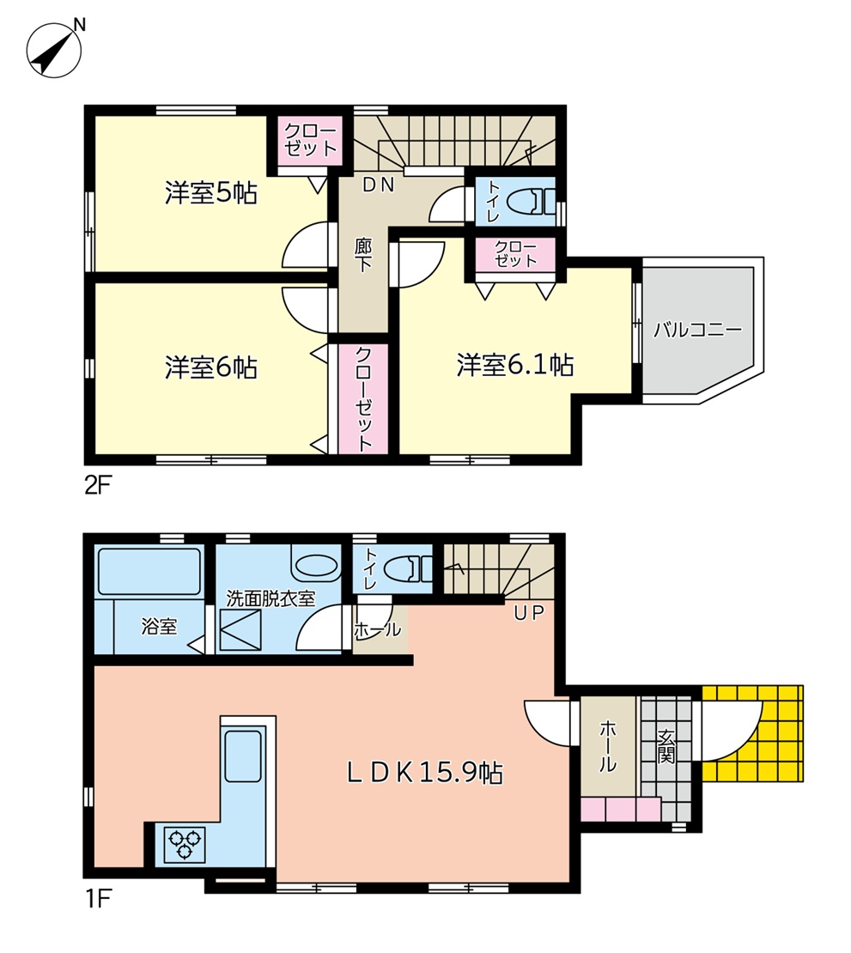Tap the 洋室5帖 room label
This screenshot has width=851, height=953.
211,192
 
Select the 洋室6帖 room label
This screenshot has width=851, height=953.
211,367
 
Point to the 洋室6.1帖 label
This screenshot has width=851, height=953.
515,365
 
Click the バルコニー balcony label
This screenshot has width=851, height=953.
698,330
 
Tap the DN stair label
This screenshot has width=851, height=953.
379,185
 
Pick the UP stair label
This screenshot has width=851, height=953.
528,613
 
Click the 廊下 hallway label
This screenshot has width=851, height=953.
363,254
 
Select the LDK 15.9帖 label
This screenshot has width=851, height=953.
425,773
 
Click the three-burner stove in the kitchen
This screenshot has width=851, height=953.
185,845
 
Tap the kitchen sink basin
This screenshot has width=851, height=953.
243,756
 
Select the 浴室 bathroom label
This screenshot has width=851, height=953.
159,626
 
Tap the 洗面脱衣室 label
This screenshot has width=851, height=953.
270,598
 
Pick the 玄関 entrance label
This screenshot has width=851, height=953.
666,746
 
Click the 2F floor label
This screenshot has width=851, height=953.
96,487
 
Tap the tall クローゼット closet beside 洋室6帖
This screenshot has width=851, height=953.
363,398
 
